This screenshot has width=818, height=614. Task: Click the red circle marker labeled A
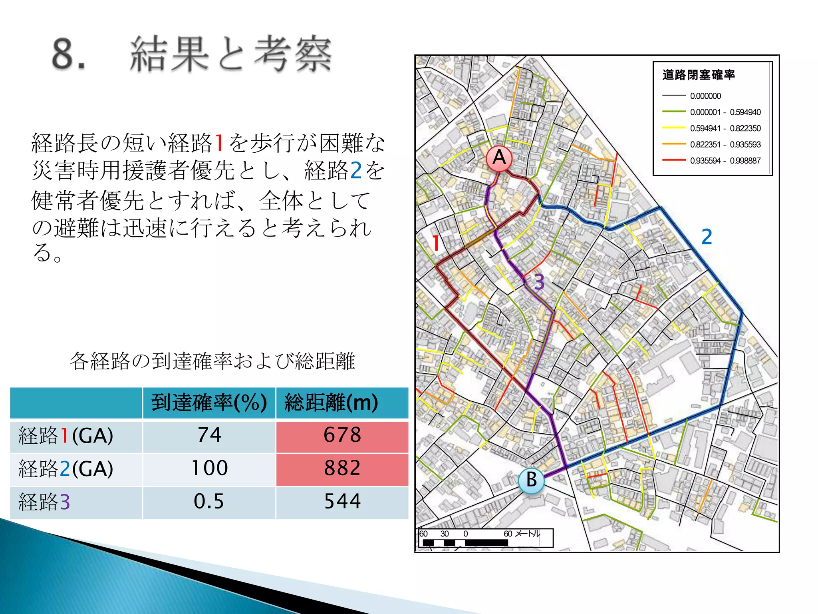[x=499, y=158]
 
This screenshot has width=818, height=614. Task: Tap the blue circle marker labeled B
[x=531, y=480]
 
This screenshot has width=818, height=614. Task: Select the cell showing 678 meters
[x=342, y=436]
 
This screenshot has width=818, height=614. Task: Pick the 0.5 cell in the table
[x=209, y=502]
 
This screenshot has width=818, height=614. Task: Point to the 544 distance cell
[x=342, y=502]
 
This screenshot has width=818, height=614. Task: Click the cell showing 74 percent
[x=209, y=436]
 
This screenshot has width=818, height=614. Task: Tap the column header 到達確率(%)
[x=209, y=403]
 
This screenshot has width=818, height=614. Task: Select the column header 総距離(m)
[x=331, y=403]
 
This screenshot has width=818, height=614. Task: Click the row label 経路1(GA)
[x=66, y=436]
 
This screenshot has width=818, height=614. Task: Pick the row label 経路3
[x=44, y=502]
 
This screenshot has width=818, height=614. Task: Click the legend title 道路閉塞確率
[x=698, y=75]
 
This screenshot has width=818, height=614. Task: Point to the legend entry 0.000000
[x=705, y=96]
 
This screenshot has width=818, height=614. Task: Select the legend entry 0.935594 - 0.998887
[x=725, y=161]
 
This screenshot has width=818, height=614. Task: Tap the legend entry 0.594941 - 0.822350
[x=725, y=128]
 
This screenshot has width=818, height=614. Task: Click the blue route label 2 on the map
[x=707, y=237]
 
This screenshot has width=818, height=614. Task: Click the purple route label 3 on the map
[x=539, y=282]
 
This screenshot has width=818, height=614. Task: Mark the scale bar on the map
[x=485, y=538]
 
